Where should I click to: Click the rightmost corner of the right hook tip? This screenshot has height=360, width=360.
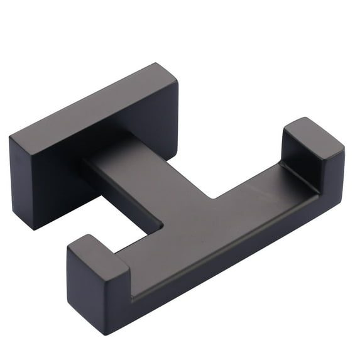344,151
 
